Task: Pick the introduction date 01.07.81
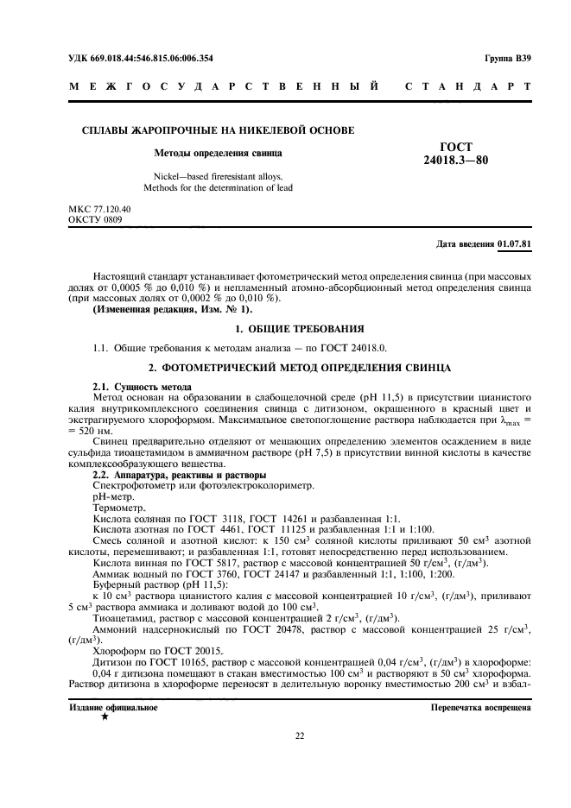tap(515, 243)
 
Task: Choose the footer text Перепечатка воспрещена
tap(481, 707)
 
